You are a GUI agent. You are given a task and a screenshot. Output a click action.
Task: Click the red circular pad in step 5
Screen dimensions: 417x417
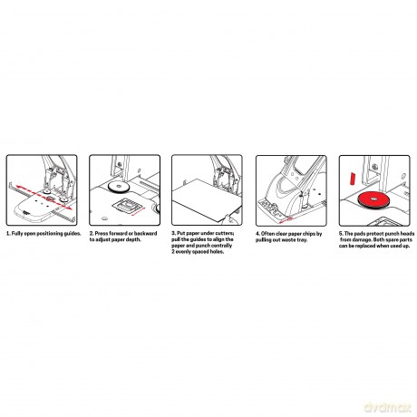click(x=374, y=199)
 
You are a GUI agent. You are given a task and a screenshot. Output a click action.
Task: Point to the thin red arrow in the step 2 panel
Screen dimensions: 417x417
click(x=139, y=211)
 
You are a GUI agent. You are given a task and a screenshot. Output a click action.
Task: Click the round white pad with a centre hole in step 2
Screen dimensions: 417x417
click(x=119, y=187)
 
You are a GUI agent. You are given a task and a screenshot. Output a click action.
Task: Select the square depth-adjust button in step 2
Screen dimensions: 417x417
click(x=127, y=207)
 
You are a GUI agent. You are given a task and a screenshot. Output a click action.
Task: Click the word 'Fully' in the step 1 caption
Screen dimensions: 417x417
click(x=17, y=234)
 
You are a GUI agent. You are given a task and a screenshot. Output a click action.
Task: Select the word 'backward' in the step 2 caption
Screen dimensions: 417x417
click(x=146, y=233)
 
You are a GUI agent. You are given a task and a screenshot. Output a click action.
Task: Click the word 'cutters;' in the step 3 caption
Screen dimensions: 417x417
click(x=225, y=233)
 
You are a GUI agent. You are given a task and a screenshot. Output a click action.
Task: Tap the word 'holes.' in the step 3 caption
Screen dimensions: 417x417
click(x=217, y=252)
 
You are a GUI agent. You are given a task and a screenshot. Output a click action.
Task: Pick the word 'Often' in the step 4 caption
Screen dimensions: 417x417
click(x=267, y=234)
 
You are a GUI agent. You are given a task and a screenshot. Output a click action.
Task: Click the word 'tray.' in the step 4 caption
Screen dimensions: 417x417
click(x=302, y=240)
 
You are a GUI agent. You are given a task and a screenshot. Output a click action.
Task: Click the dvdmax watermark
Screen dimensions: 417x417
click(x=388, y=407)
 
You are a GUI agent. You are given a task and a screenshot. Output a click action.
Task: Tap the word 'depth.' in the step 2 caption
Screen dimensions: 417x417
click(x=134, y=239)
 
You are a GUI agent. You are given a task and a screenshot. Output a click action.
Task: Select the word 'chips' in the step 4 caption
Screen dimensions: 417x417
click(x=308, y=234)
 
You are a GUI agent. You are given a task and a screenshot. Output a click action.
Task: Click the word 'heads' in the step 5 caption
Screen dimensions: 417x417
click(x=407, y=234)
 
